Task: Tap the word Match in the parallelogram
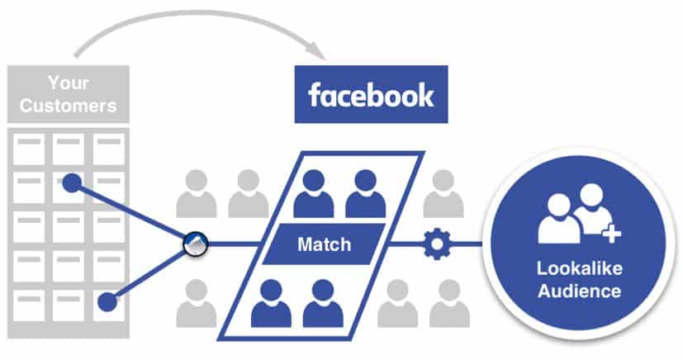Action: pyautogui.click(x=325, y=244)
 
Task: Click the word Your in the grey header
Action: pyautogui.click(x=69, y=83)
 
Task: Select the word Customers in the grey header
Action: pyautogui.click(x=69, y=106)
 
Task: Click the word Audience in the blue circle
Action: pyautogui.click(x=577, y=291)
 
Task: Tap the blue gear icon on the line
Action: pyautogui.click(x=434, y=244)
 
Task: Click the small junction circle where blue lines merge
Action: pyautogui.click(x=194, y=243)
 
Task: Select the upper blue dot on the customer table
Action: pyautogui.click(x=73, y=182)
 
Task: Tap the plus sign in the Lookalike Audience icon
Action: pyautogui.click(x=611, y=235)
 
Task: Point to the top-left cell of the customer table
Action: pyautogui.click(x=30, y=149)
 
